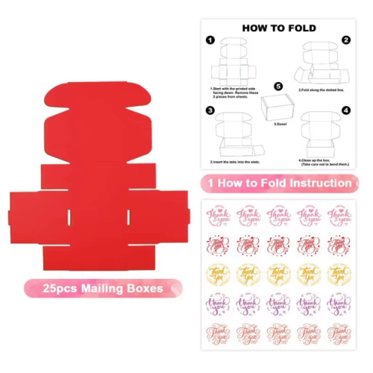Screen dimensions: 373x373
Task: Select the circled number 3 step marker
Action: (x=210, y=110)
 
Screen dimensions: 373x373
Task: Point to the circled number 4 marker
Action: (x=345, y=110)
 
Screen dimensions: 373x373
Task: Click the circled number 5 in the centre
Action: (x=278, y=87)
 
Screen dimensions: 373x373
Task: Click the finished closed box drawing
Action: (x=278, y=108)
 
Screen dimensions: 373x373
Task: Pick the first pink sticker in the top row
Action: (x=218, y=217)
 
